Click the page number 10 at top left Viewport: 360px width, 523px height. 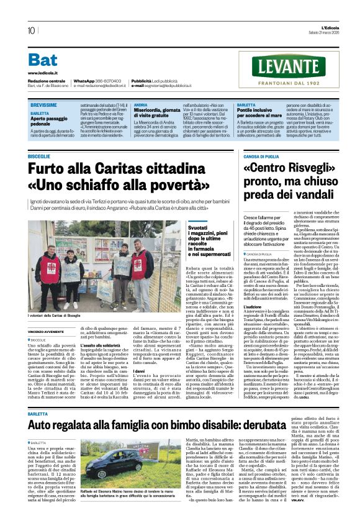tap(31, 30)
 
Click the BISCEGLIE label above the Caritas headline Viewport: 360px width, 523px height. tap(38, 157)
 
